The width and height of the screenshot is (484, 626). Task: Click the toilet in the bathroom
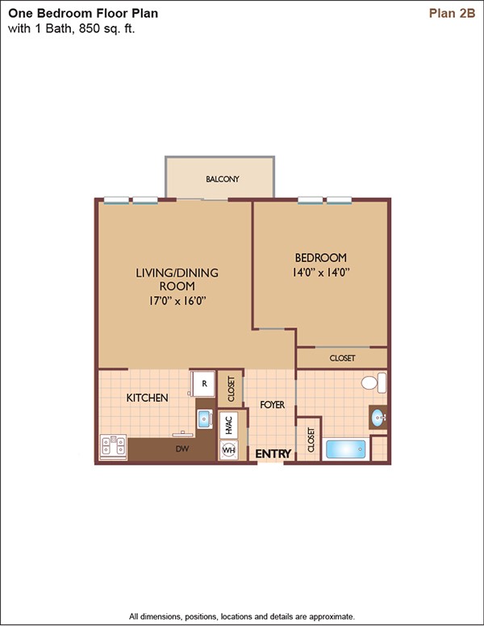coord(373,383)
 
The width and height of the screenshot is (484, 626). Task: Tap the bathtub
coord(346,449)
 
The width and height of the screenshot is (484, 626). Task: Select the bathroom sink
coord(378,418)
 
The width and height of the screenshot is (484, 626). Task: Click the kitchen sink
coord(205,419)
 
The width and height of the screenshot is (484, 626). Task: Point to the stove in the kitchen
coord(114,446)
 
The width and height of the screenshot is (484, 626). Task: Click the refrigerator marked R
coord(202,384)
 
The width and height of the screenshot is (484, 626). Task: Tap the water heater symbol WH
coord(229,450)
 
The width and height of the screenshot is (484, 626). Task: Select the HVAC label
coord(229,425)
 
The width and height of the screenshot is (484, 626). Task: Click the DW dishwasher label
coord(182,449)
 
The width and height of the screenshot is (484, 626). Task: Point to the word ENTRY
coord(273,454)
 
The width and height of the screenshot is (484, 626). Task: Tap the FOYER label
coord(273,405)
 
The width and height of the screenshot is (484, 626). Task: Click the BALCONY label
coord(223,179)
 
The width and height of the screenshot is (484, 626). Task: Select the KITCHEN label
coord(147,398)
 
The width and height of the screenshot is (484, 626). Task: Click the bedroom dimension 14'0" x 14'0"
coord(321,273)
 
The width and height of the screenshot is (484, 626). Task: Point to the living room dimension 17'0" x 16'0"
coord(177,301)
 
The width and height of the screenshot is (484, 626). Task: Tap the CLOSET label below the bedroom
coord(342,358)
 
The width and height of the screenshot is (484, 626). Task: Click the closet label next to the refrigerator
coord(231,389)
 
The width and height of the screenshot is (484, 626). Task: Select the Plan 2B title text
coord(452,13)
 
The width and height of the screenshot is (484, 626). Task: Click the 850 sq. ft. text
coord(107,29)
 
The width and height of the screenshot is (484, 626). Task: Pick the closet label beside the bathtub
coord(311,440)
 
